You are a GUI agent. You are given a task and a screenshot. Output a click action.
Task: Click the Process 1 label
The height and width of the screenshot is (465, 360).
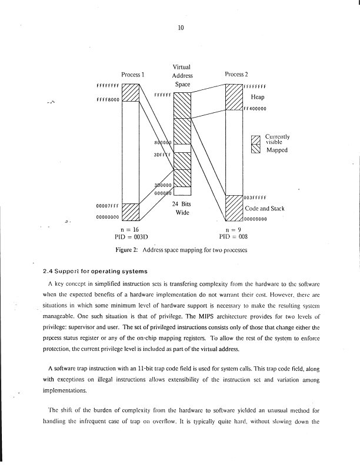point(133,75)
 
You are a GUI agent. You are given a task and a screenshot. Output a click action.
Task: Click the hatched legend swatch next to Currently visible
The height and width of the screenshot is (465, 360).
point(255,140)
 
